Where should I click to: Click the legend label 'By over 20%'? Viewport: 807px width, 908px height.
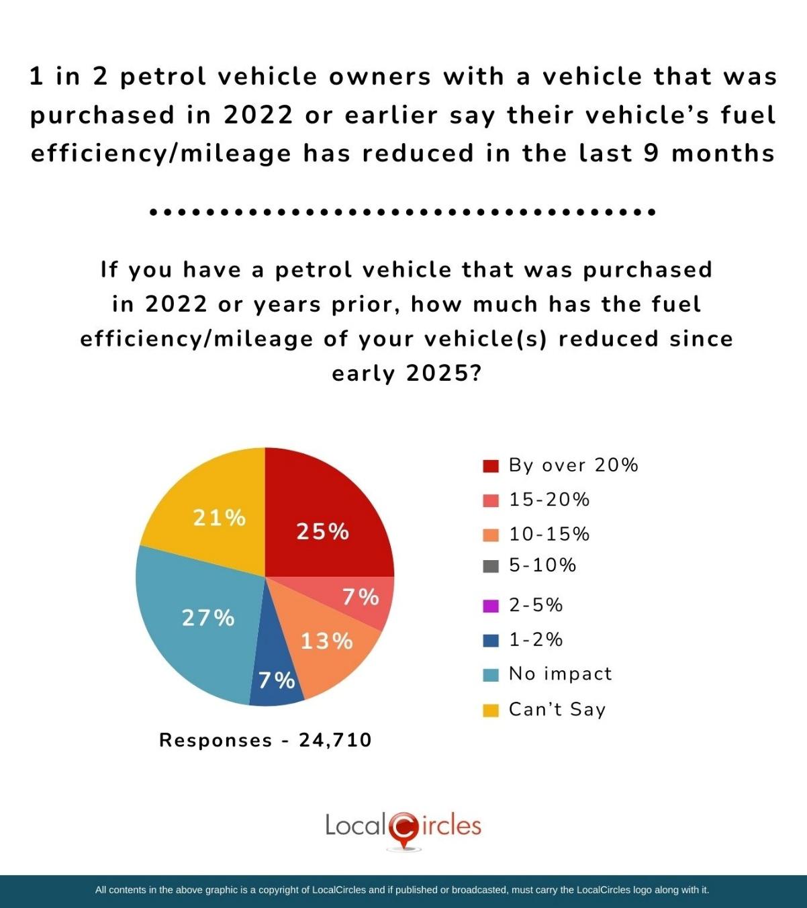573,465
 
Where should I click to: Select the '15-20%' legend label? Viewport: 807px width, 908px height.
549,500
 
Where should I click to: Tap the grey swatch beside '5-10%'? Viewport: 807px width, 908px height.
491,565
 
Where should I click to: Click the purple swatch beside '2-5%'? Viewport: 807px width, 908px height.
491,606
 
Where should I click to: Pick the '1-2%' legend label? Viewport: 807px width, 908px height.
536,639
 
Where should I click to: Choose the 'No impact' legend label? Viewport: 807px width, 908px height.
561,674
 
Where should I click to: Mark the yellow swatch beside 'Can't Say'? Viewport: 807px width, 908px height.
491,710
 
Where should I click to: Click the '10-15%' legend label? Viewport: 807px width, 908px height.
549,534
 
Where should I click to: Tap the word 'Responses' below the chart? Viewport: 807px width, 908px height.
216,740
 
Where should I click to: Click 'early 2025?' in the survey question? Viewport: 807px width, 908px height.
407,373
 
